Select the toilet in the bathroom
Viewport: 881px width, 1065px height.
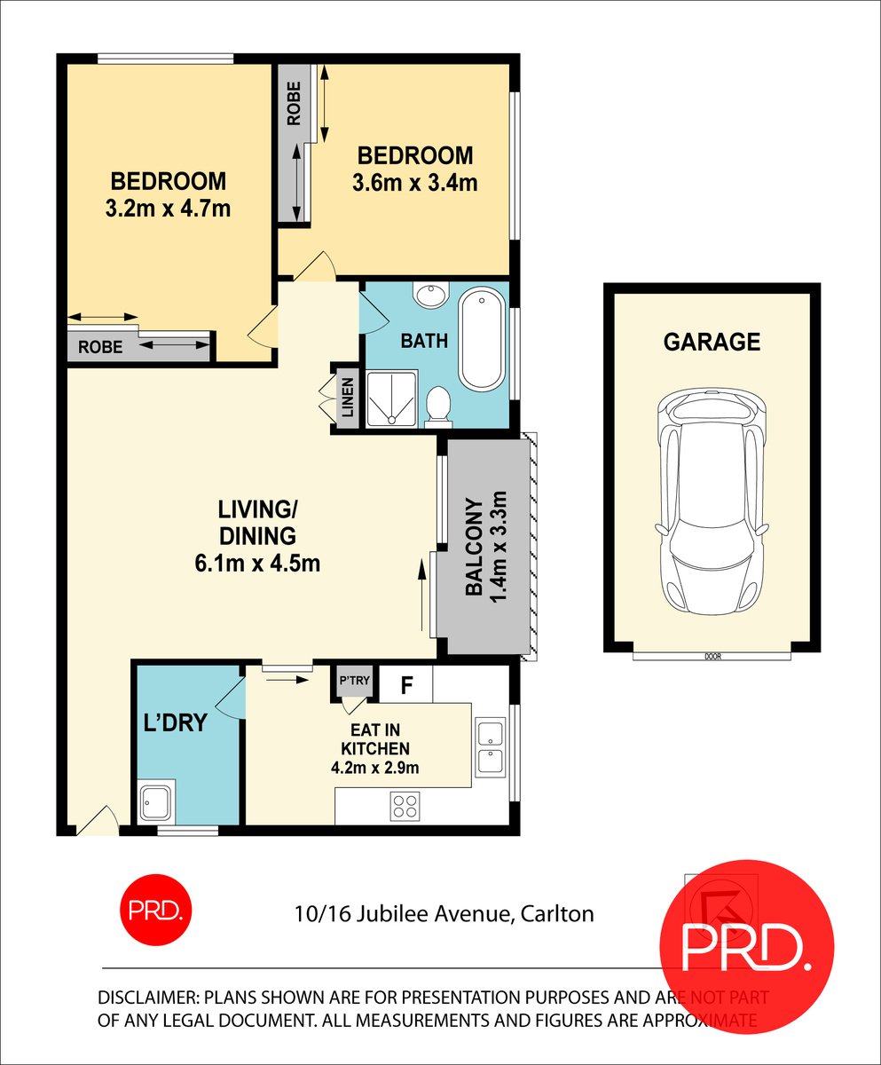[x=438, y=407]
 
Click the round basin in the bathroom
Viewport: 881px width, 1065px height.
[x=433, y=296]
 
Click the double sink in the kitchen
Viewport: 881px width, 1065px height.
[x=489, y=748]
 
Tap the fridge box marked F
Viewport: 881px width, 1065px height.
[x=407, y=684]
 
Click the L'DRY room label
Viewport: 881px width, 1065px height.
[x=175, y=722]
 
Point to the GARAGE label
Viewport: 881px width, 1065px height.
[x=712, y=342]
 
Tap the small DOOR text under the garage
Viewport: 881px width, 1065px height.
[x=712, y=658]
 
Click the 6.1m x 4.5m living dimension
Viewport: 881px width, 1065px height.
[x=257, y=563]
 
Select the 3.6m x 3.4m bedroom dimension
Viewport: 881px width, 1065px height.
[x=414, y=184]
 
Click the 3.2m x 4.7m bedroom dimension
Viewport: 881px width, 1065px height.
[x=168, y=209]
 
